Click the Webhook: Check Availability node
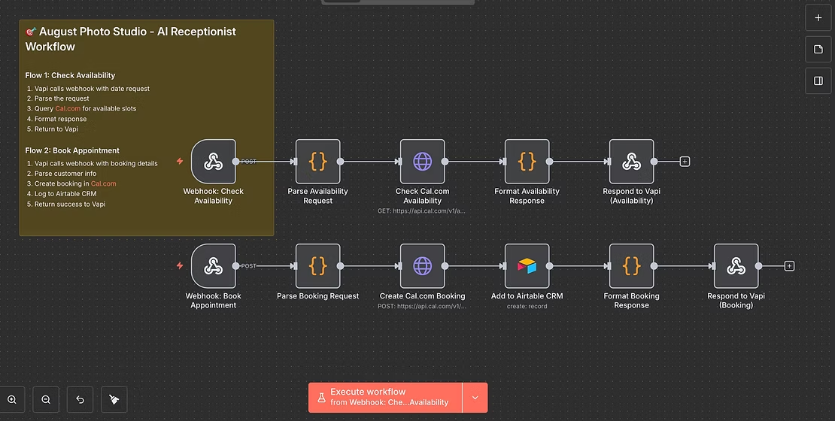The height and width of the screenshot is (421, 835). (x=213, y=161)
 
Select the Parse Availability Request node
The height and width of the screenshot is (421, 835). (x=317, y=161)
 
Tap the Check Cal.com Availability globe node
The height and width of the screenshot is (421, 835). (x=422, y=161)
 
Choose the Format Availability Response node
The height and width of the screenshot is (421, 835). (x=527, y=161)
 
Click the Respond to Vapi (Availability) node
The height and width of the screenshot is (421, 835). (x=631, y=161)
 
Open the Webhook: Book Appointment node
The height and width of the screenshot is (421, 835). (x=213, y=265)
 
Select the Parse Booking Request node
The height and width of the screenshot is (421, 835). (x=317, y=265)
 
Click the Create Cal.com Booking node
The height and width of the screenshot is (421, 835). (x=422, y=265)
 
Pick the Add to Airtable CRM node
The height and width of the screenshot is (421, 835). (x=527, y=265)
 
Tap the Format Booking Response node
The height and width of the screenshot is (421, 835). (x=631, y=265)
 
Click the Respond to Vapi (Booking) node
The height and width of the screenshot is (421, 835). (x=736, y=265)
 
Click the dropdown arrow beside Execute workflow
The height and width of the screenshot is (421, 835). (x=475, y=397)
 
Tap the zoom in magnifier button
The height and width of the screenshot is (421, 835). (x=12, y=399)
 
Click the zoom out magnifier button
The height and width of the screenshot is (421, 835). (x=46, y=399)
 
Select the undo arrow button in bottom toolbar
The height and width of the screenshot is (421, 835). (x=80, y=399)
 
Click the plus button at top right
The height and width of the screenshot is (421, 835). (x=818, y=17)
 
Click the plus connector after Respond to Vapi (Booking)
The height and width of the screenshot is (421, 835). (x=789, y=265)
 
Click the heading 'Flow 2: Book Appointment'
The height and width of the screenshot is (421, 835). (x=72, y=150)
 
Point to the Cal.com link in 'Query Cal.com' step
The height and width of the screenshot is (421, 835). (x=68, y=109)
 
